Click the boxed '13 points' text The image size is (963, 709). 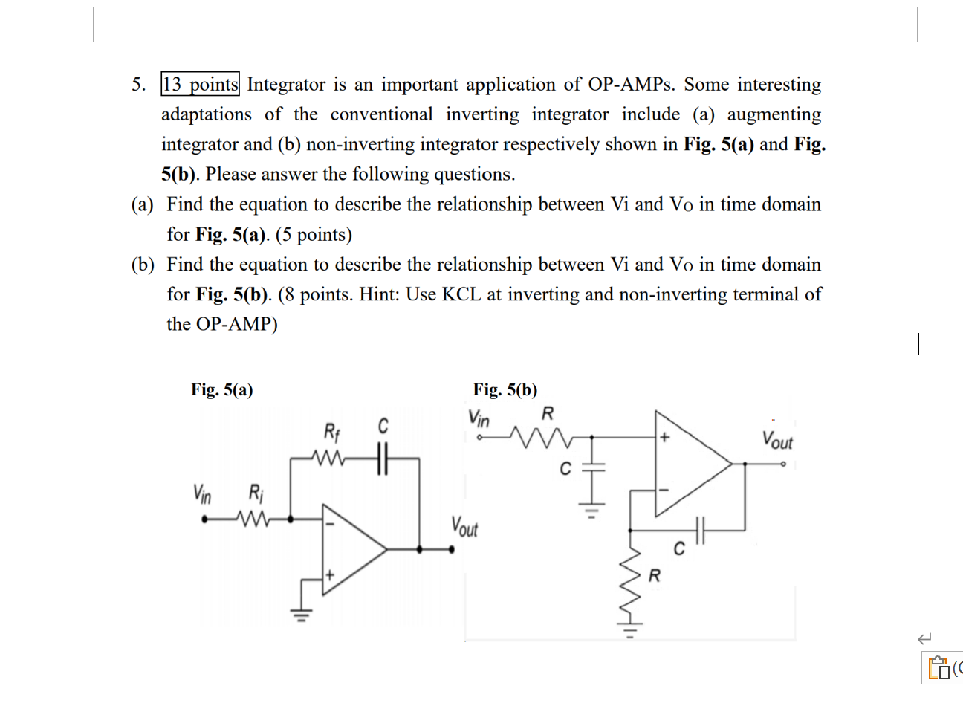200,85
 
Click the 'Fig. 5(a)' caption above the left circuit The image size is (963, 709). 221,389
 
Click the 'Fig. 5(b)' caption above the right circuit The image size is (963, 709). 505,389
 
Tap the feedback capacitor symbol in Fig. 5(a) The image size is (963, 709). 382,459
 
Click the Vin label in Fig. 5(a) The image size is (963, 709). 202,493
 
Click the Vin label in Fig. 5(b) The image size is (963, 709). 479,418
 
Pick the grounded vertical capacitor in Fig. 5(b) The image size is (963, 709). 592,467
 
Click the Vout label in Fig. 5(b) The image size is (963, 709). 777,440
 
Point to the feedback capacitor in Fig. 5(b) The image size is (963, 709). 698,530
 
